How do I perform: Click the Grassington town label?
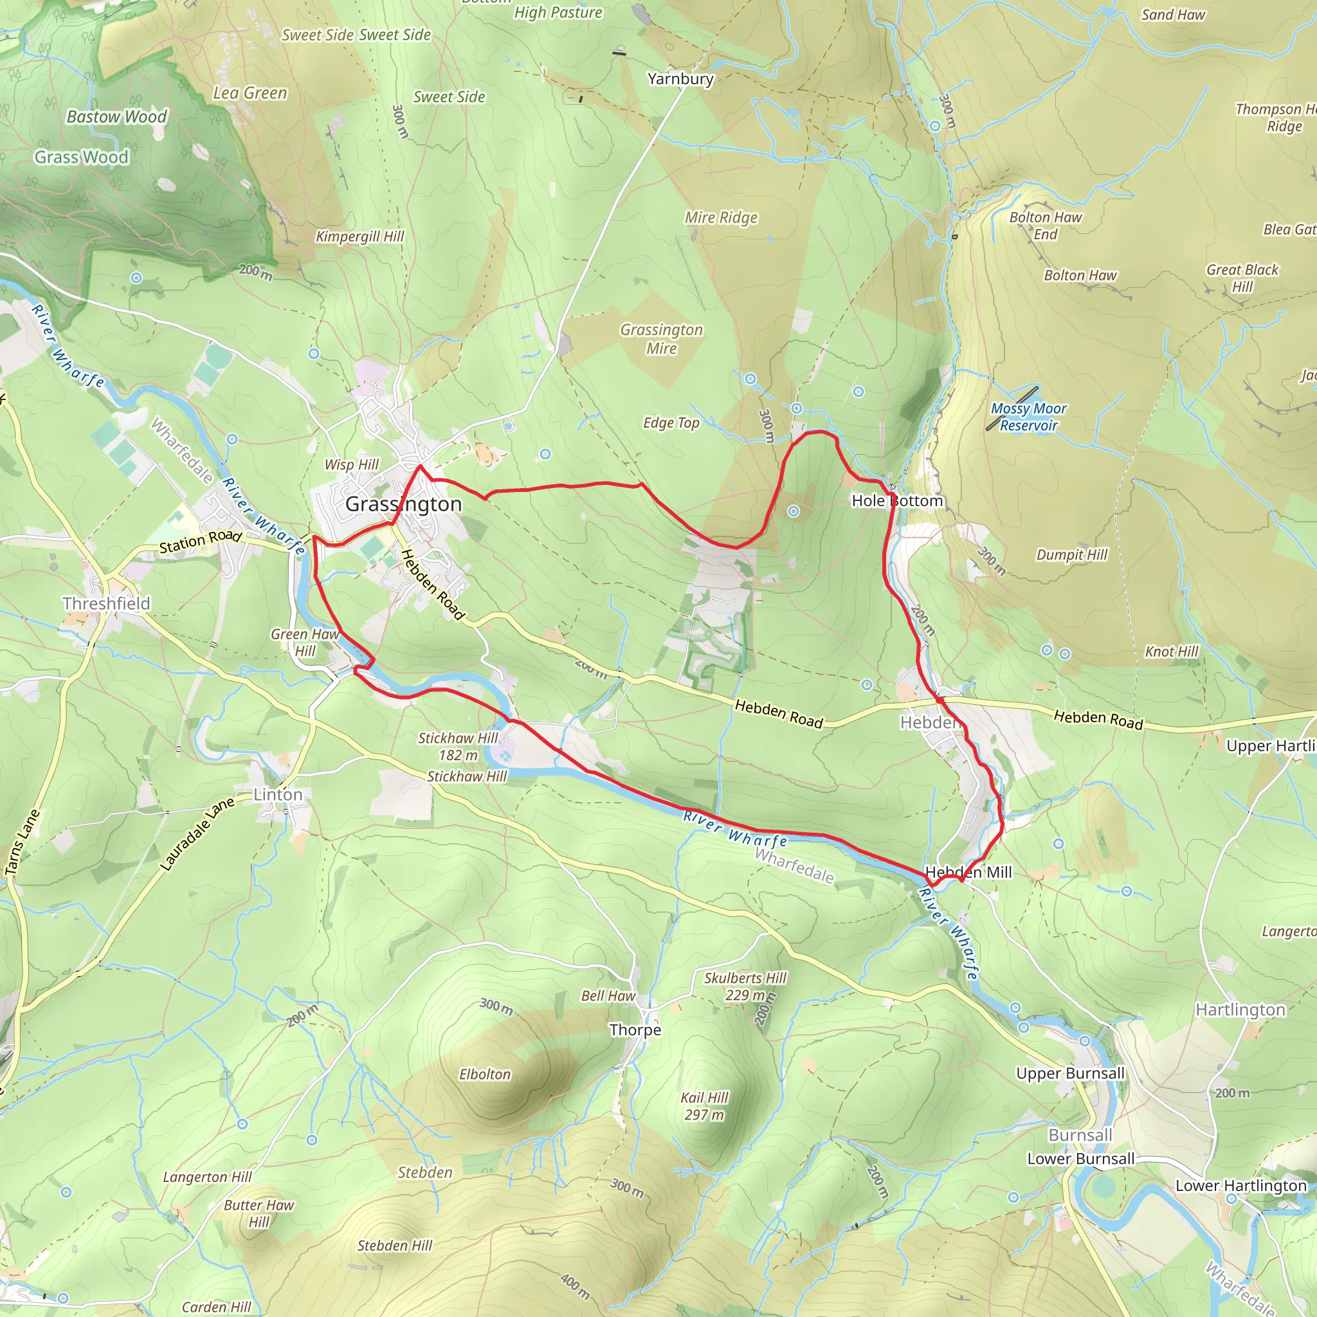404,504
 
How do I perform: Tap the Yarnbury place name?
680,79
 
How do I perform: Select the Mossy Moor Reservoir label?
1028,417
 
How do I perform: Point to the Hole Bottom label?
897,501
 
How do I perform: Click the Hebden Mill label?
968,872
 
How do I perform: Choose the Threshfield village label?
106,603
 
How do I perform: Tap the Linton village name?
278,794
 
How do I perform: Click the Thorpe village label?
635,1030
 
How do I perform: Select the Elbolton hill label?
485,1075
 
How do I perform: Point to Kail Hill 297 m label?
704,1105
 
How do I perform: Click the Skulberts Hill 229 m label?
745,986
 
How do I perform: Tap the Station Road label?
201,542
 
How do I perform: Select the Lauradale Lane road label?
197,833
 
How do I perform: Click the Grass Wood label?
82,158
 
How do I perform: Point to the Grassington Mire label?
661,339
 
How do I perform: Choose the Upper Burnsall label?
1070,1073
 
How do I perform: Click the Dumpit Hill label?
1071,555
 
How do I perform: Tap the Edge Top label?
671,423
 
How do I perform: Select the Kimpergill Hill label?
359,237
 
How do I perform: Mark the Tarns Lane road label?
23,842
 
